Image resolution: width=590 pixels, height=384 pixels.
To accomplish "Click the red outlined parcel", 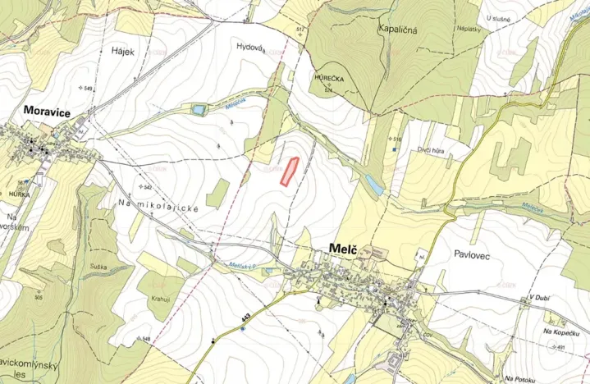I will pos(288,171).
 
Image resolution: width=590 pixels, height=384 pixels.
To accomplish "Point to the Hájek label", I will pos(121,51).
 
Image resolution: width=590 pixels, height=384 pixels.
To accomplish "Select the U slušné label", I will pos(498,18).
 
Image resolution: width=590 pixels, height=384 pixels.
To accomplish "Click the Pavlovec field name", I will pos(472,255).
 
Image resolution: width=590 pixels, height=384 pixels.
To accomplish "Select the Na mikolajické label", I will pos(159,208).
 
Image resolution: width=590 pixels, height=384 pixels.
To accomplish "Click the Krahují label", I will pos(160,300).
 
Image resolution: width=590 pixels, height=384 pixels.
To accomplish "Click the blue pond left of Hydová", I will pos(198,109).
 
